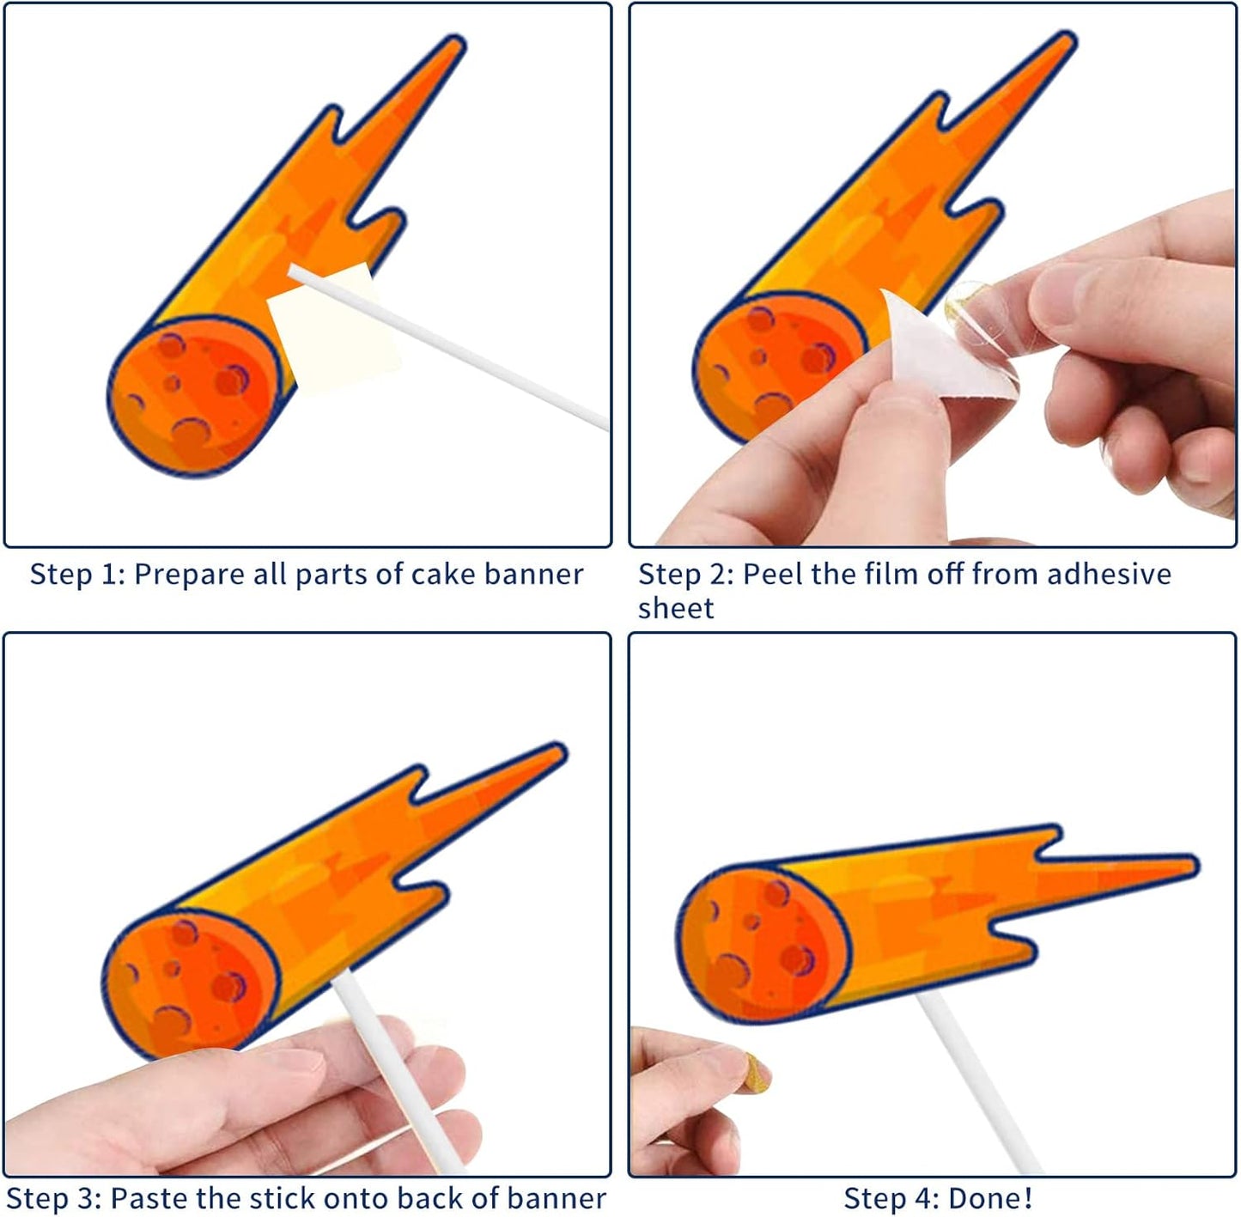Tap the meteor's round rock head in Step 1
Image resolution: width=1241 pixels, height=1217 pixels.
pyautogui.click(x=193, y=395)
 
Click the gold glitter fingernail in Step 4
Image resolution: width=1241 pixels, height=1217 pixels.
pyautogui.click(x=756, y=1072)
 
